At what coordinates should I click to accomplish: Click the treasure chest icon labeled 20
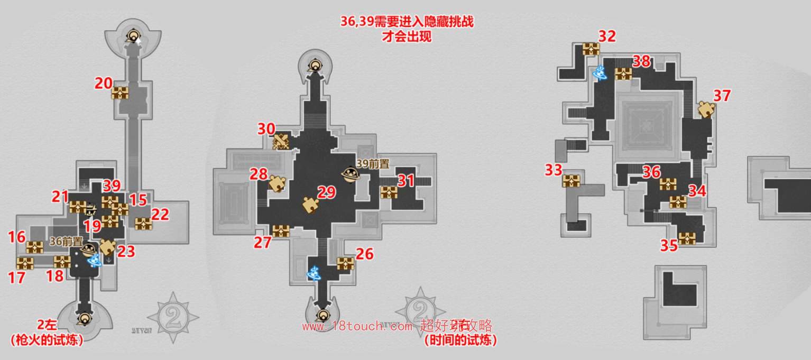120,94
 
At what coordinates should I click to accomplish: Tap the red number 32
607,36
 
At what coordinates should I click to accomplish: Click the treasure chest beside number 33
572,181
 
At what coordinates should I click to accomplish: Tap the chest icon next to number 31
389,192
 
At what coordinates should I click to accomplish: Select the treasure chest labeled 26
345,263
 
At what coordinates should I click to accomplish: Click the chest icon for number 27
281,231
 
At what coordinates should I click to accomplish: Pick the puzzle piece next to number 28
277,183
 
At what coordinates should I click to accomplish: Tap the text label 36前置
66,241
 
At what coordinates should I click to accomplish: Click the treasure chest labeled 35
687,238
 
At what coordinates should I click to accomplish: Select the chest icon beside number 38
624,73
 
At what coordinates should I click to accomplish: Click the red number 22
160,214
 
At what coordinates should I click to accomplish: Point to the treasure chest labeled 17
25,263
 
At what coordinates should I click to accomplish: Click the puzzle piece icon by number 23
107,247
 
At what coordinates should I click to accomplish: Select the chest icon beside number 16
35,247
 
